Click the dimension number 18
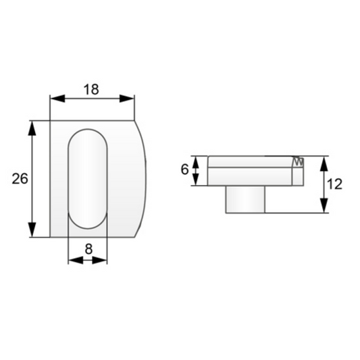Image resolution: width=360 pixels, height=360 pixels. [x=93, y=88]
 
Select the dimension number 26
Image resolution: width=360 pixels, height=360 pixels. [x=20, y=179]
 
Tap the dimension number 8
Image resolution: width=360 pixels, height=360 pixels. [x=88, y=248]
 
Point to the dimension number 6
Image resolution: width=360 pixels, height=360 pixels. [x=184, y=170]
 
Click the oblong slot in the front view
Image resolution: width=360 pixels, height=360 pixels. [x=88, y=178]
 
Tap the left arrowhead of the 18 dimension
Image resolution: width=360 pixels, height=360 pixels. [x=55, y=99]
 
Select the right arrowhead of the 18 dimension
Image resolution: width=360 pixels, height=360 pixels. [x=129, y=99]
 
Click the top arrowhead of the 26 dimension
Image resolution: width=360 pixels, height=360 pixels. [x=32, y=126]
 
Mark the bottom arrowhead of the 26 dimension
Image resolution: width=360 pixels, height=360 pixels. [x=32, y=231]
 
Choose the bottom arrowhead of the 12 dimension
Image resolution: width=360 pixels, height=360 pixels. [x=324, y=208]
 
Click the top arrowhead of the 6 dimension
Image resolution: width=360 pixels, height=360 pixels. [x=197, y=160]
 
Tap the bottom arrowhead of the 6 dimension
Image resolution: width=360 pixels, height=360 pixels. [x=197, y=180]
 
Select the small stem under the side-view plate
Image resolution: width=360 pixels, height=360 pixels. [x=245, y=199]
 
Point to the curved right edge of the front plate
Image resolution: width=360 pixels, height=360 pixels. [x=145, y=178]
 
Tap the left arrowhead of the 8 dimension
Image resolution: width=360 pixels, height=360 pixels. [x=73, y=260]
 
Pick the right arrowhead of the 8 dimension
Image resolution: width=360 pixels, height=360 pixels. [x=103, y=260]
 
